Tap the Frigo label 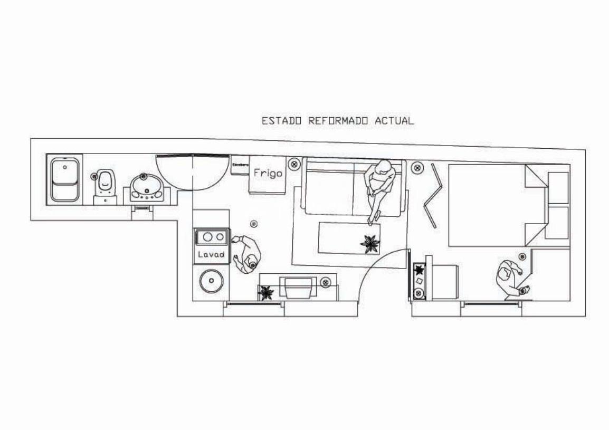tap(268, 173)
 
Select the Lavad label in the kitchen tap(211, 254)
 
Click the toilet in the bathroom tap(105, 184)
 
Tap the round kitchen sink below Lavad tap(211, 281)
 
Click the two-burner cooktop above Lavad tap(211, 237)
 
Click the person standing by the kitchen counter tap(248, 253)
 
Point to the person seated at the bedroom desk tap(509, 278)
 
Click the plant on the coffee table tap(369, 243)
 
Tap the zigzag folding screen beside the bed tap(432, 195)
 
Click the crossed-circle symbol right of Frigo tap(294, 165)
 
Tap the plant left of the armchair tap(265, 292)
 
